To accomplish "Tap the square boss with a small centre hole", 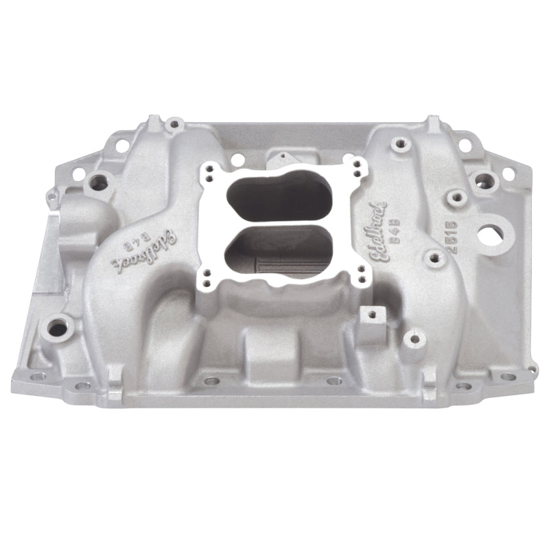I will point(371,318).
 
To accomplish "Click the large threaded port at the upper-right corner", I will point(489,180).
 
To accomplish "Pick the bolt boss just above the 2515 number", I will point(454,198).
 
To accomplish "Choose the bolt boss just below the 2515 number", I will point(433,259).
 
